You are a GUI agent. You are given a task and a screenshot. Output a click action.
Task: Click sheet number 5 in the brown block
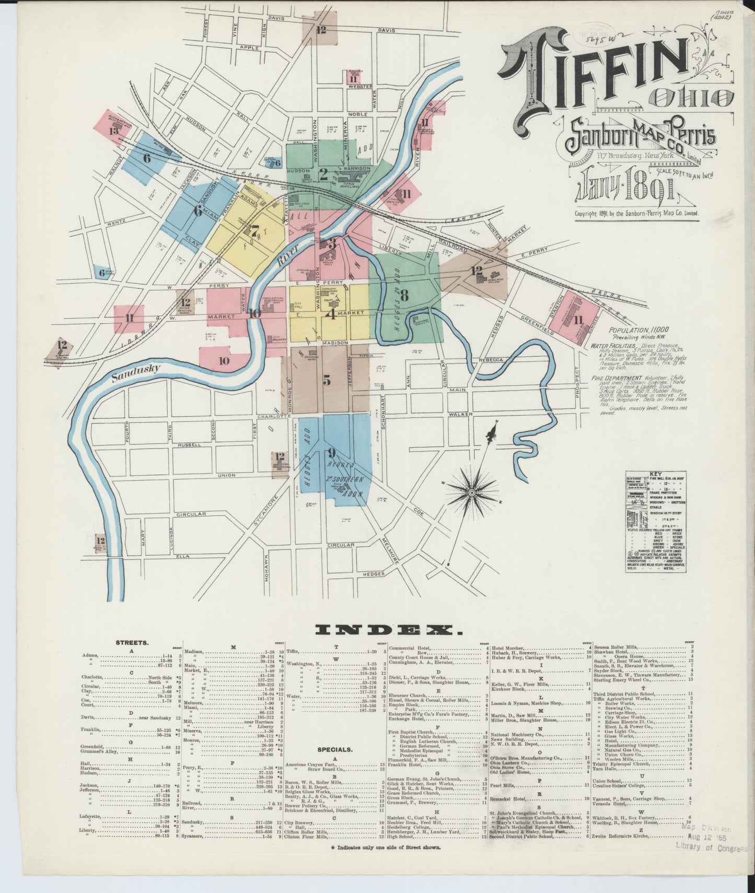click(327, 381)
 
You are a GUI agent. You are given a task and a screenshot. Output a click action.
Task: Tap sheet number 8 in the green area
click(404, 295)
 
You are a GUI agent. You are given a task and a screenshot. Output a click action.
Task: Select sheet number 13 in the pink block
click(114, 131)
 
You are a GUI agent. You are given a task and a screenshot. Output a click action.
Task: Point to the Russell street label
click(189, 445)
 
